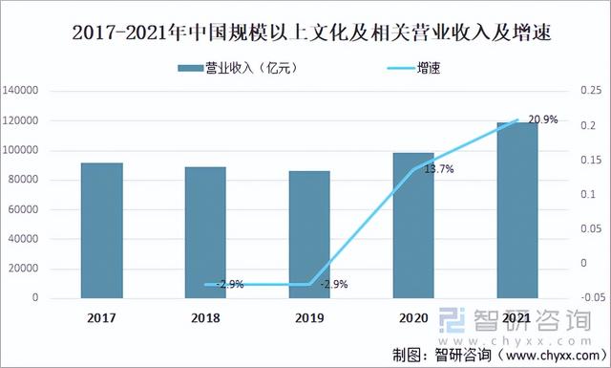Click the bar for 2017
click(x=101, y=230)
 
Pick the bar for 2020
click(x=413, y=226)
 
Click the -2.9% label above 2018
click(x=230, y=284)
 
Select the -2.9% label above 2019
click(x=333, y=284)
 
